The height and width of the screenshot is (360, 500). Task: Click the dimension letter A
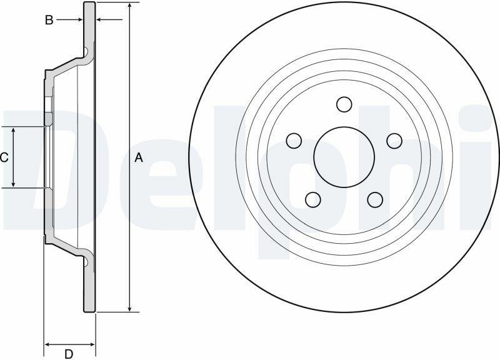pos(138,157)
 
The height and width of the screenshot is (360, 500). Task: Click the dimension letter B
pos(49,20)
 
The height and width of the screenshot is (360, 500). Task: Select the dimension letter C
pos(4,157)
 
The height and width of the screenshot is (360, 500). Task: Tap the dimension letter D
pos(69,354)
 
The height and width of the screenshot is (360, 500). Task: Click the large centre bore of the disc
pos(344,157)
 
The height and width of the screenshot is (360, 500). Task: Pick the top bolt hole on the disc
pos(344,104)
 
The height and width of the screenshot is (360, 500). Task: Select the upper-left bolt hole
pos(294,141)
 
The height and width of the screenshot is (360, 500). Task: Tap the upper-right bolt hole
pos(394,141)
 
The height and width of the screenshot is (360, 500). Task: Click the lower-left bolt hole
pos(313,199)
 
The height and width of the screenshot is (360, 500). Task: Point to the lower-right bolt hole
pos(375,199)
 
